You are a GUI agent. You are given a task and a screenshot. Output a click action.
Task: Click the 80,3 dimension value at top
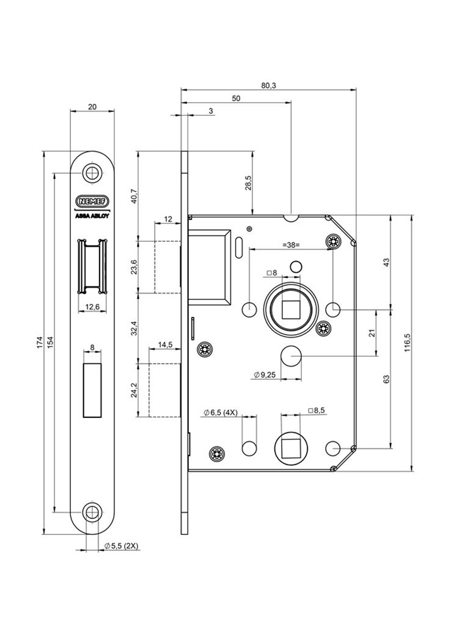tap(268, 86)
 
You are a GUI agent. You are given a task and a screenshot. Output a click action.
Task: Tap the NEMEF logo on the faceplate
tap(92, 200)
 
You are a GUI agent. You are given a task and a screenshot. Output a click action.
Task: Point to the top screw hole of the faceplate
tap(92, 173)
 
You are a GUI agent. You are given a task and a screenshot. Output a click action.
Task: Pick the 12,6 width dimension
tap(92, 307)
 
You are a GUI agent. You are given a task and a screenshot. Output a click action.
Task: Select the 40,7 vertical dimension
tap(134, 195)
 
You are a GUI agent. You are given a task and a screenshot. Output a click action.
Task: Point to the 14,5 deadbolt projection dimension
tap(165, 345)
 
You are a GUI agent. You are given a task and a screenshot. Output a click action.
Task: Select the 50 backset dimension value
tap(236, 99)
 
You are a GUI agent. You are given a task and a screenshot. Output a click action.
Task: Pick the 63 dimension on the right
tap(386, 379)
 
